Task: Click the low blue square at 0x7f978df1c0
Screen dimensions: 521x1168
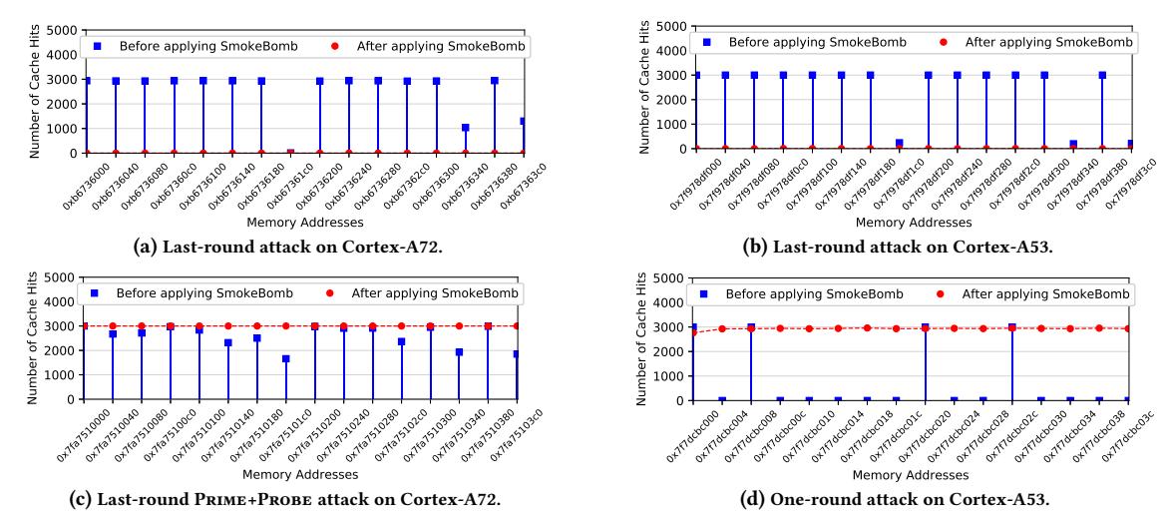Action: tap(899, 144)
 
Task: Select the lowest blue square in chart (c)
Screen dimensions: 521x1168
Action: tap(285, 359)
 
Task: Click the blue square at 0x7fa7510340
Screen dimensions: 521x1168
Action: tap(459, 351)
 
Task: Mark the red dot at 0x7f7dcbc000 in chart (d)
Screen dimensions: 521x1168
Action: tap(693, 331)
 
